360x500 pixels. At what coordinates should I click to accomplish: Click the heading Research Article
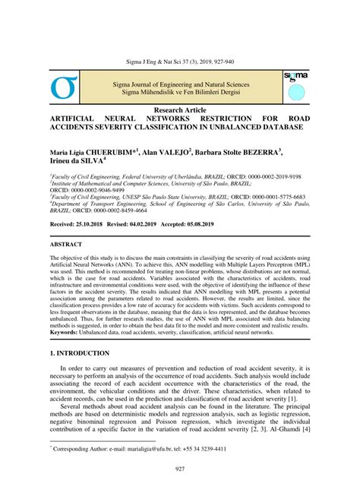tap(179, 111)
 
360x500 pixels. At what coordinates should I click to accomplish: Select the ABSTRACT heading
tap(65, 246)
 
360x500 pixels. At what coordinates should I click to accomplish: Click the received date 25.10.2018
tap(100, 226)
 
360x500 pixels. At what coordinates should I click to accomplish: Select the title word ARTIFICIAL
tap(79, 120)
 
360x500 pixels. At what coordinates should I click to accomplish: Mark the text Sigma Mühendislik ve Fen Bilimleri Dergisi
tap(179, 92)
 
